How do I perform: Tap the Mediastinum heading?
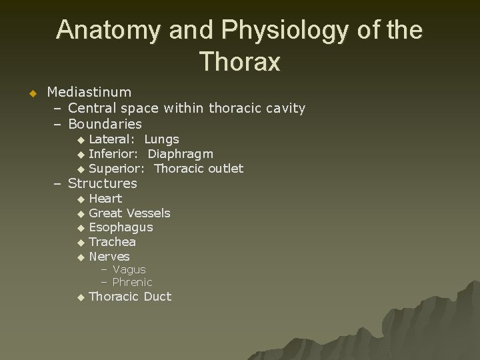pyautogui.click(x=89, y=91)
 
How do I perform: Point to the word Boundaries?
pyautogui.click(x=105, y=124)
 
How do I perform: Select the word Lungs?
pyautogui.click(x=161, y=139)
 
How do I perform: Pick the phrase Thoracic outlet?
pyautogui.click(x=199, y=169)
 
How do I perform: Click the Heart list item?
pyautogui.click(x=105, y=199)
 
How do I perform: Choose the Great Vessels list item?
pyautogui.click(x=129, y=213)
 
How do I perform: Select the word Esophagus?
pyautogui.click(x=121, y=227)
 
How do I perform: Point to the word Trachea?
pyautogui.click(x=112, y=242)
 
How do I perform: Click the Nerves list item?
pyautogui.click(x=109, y=257)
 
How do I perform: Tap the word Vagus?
pyautogui.click(x=129, y=269)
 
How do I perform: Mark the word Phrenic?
pyautogui.click(x=132, y=282)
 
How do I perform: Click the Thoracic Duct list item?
pyautogui.click(x=130, y=297)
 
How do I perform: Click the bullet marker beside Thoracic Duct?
pyautogui.click(x=81, y=297)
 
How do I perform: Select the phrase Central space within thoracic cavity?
pyautogui.click(x=187, y=108)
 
